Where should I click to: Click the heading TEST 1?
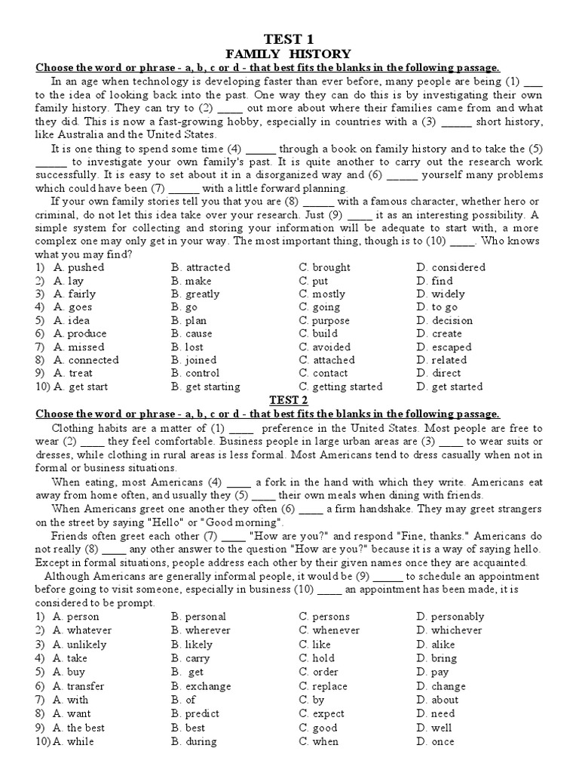pos(289,38)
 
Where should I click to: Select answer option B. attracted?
pos(201,267)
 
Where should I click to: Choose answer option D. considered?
pos(451,267)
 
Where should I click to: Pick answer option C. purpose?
pos(327,320)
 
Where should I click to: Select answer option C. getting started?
pos(341,387)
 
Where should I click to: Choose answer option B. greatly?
pos(195,294)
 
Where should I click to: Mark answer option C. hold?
pos(317,658)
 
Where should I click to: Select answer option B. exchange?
pos(201,686)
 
